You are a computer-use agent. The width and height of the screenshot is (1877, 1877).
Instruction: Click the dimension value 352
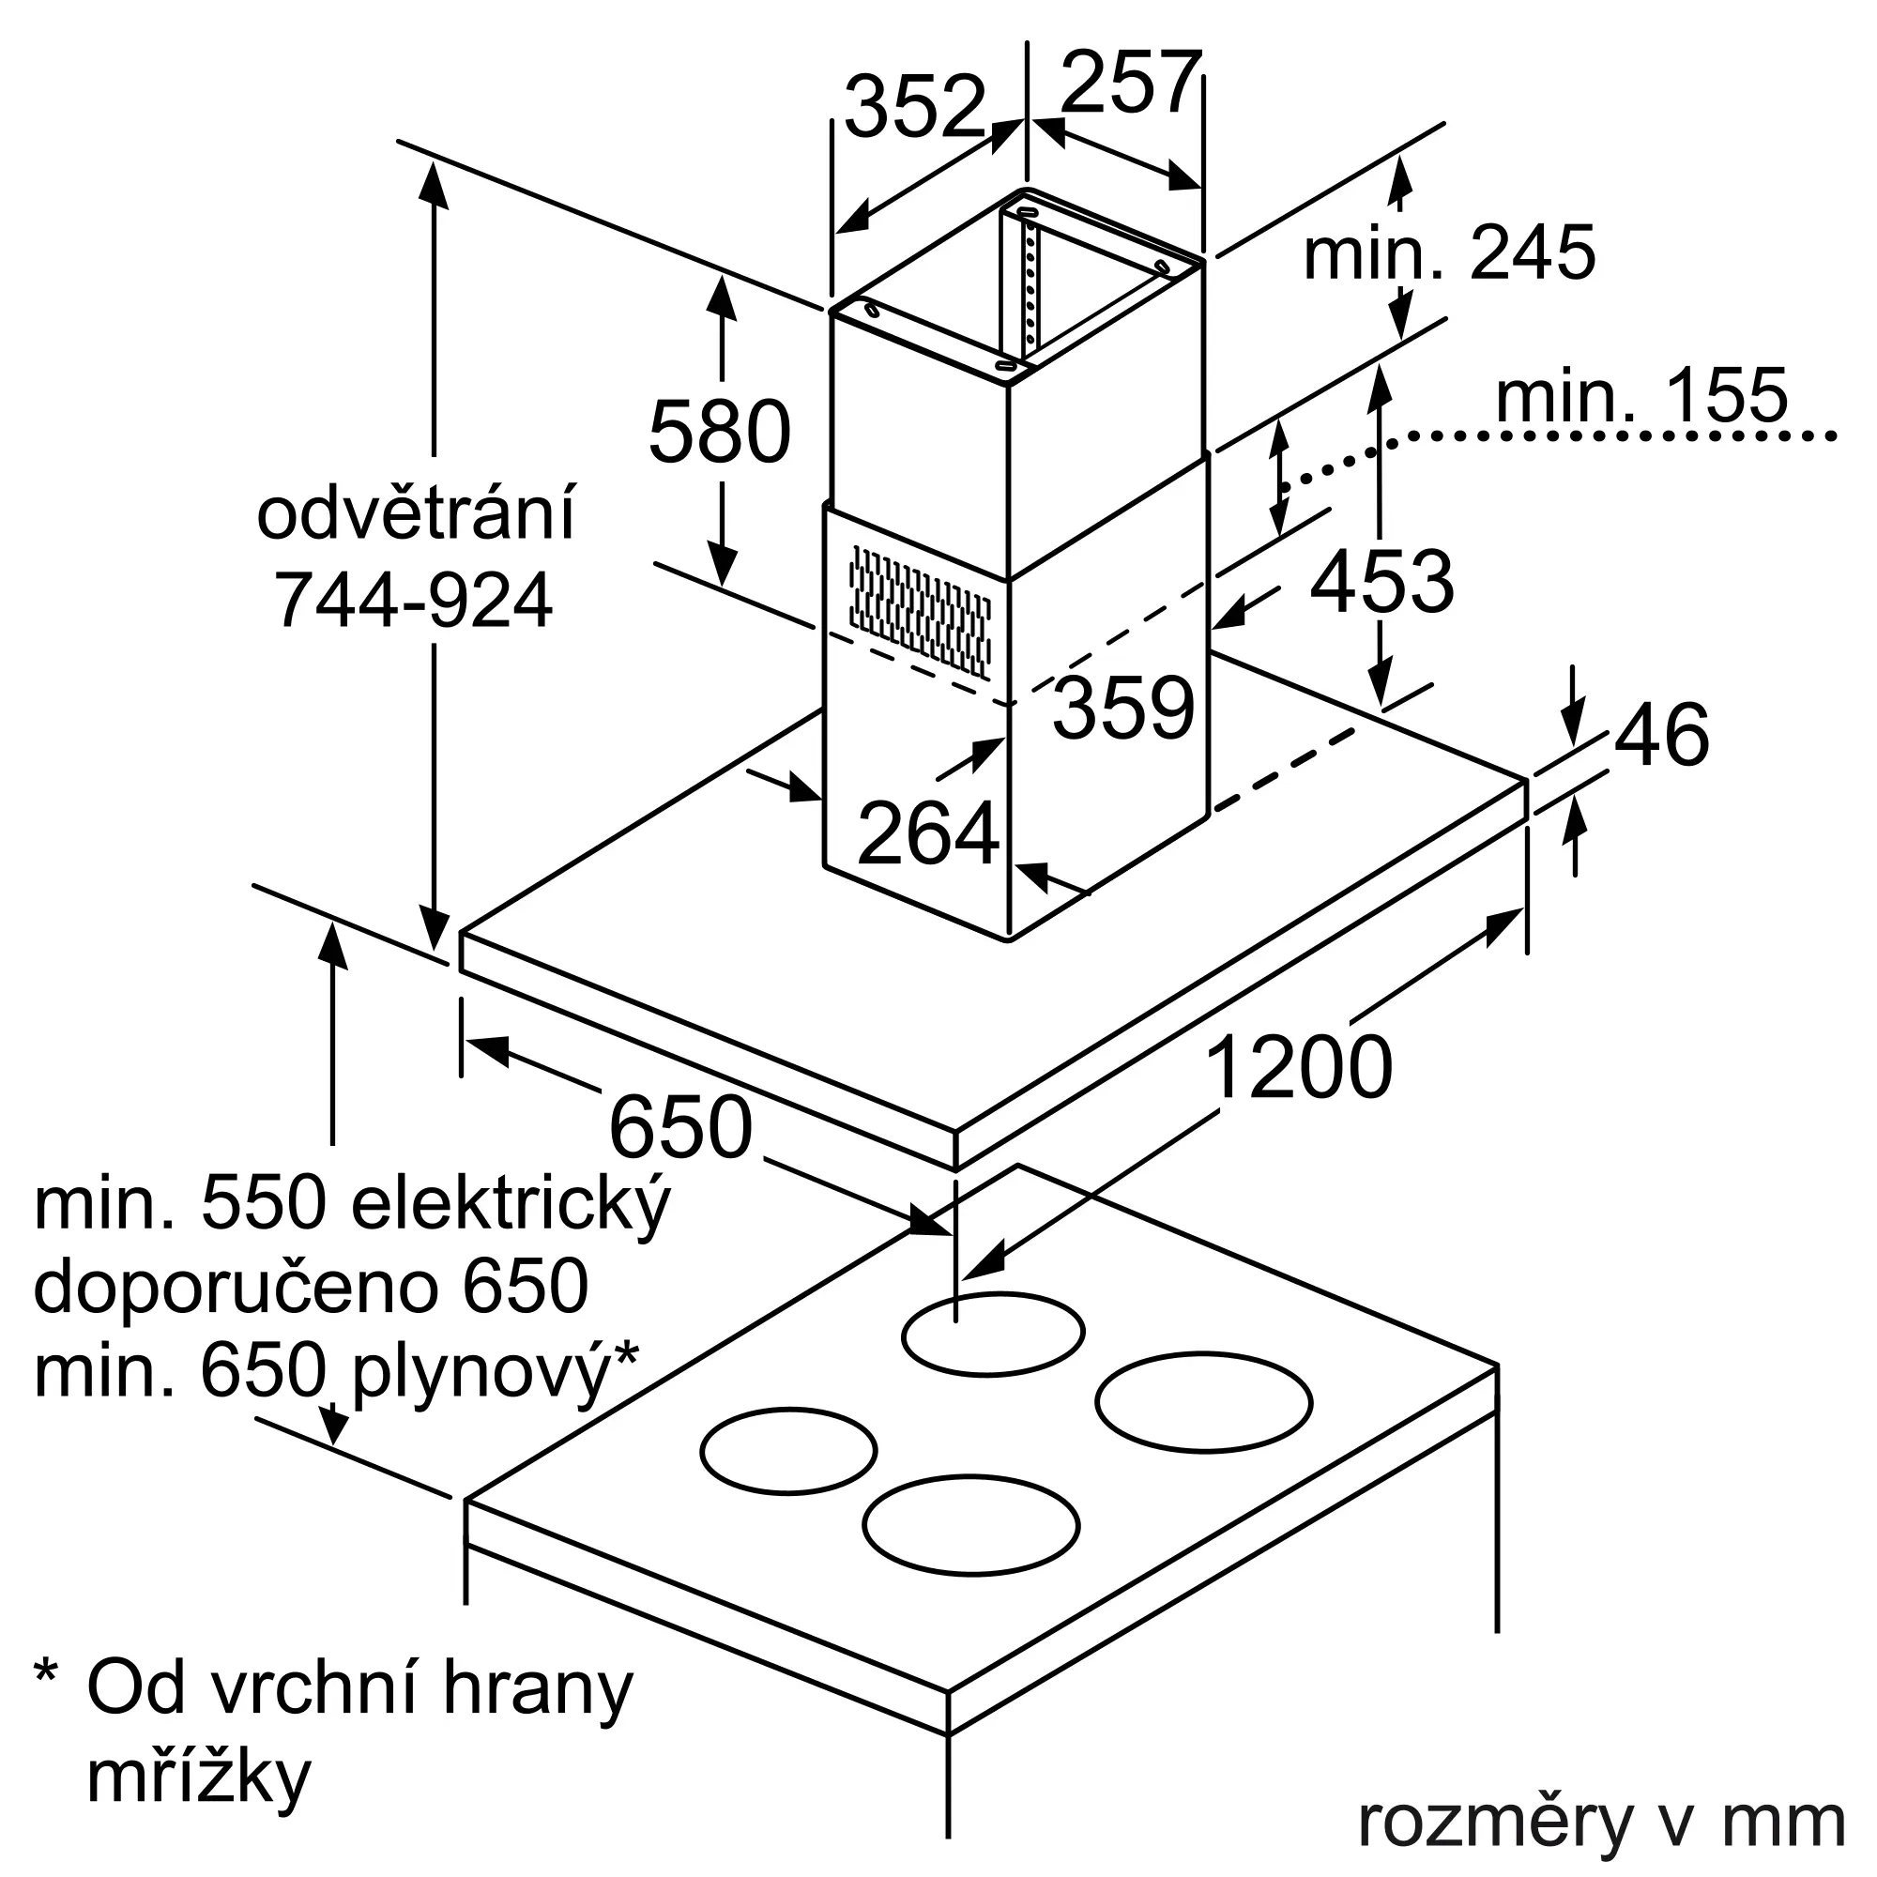915,106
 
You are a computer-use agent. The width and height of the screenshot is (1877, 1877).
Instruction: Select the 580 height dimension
720,432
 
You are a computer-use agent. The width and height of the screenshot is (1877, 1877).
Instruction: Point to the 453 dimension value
1381,581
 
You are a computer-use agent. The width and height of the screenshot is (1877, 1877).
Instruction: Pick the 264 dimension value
929,832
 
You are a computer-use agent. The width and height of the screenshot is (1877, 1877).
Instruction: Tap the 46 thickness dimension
1662,735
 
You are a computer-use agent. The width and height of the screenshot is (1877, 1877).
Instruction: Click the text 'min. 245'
1448,252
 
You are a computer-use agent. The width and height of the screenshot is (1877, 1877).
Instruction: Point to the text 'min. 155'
1640,395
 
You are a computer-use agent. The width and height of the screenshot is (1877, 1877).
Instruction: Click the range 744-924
415,600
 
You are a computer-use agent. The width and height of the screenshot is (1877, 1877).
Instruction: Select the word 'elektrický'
509,1206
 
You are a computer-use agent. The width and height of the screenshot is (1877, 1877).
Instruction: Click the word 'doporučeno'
239,1289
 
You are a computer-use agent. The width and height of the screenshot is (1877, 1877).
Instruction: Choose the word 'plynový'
481,1374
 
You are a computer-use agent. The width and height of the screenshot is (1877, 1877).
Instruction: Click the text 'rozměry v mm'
1601,1823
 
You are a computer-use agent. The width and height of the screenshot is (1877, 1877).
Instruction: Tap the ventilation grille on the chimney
920,611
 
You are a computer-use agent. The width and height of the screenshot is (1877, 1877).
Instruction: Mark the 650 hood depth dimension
680,1127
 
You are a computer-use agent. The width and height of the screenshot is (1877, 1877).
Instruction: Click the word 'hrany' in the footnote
536,1688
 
